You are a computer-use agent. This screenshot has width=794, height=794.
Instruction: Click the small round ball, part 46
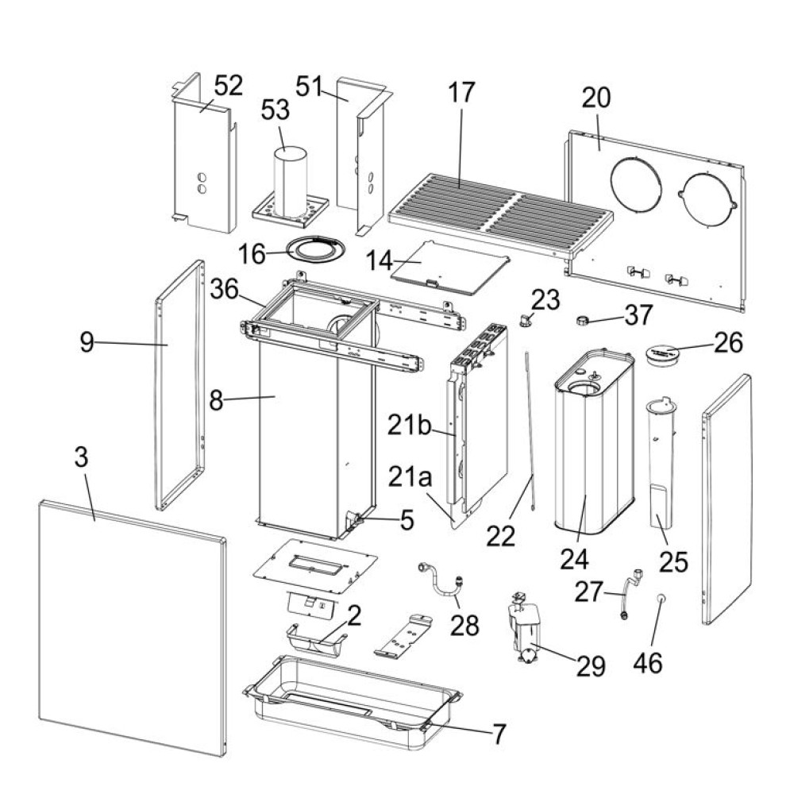[660, 598]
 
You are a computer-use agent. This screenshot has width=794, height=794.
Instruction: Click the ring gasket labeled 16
[314, 249]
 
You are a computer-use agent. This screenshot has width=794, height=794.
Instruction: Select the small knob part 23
[526, 319]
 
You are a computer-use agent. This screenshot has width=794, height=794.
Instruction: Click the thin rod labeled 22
[530, 421]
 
